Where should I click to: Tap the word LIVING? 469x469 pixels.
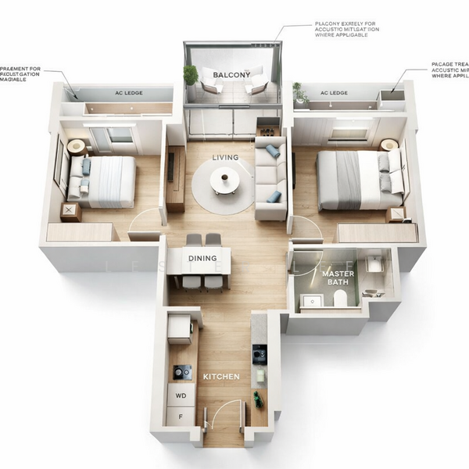[225, 158]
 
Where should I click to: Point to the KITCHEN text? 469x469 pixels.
[221, 377]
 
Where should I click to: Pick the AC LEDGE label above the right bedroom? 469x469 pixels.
[334, 93]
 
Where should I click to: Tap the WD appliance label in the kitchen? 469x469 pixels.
[181, 396]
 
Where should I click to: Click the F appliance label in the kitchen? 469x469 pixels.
[181, 419]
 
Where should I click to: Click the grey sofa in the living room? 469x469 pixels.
[270, 176]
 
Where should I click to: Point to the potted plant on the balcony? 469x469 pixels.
[191, 76]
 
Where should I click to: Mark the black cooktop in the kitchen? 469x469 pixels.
[181, 372]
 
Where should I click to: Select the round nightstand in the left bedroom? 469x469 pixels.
[77, 146]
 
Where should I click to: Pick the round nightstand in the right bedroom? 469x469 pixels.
[388, 145]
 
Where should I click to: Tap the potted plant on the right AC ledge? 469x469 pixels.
[299, 93]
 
